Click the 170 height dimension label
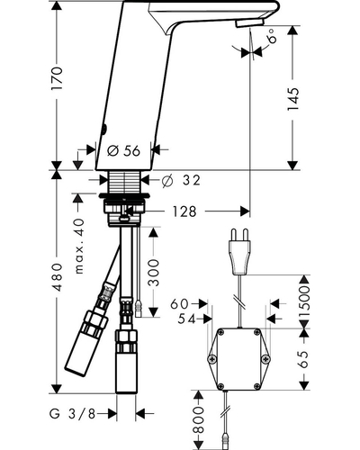coord(57,78)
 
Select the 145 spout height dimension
coord(293,99)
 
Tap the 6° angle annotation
coord(271,36)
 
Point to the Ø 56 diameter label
coord(123,151)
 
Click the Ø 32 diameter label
coord(181,180)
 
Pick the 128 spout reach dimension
coord(184,211)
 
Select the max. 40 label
coord(79,246)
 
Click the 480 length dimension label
coord(57,277)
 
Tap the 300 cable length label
coord(154,273)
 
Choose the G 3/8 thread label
coord(72,414)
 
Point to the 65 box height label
coord(303,359)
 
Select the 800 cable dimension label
coord(199,419)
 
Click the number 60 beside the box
coord(179,304)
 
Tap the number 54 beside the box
coord(186,319)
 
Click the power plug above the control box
coord(240,251)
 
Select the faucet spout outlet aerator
coord(249,22)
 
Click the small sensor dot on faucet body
coord(104,130)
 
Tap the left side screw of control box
coord(212,359)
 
